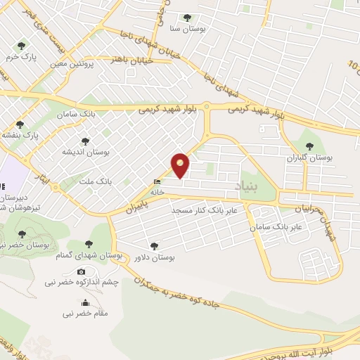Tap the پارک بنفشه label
(19, 134)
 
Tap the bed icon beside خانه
(156, 181)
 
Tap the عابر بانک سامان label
(278, 227)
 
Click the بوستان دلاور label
(153, 258)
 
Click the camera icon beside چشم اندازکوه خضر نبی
(82, 272)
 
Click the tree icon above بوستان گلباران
(309, 146)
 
